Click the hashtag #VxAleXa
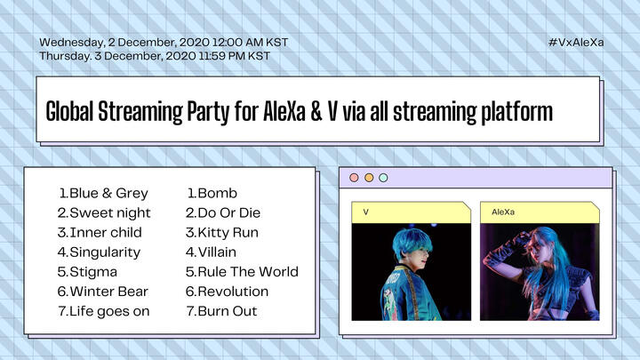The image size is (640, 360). click(576, 43)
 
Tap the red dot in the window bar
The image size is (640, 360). click(355, 178)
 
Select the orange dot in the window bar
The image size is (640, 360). click(369, 178)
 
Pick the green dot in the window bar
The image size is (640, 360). click(383, 178)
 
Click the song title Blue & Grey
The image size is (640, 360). click(108, 193)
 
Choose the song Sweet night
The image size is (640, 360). click(110, 212)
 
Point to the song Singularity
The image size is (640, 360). click(105, 252)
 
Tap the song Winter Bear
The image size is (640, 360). click(109, 292)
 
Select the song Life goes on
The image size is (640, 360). click(109, 311)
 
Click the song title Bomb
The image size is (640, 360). click(217, 193)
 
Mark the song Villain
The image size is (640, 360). click(217, 252)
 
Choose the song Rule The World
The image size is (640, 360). click(248, 272)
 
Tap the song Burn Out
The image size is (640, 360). click(228, 311)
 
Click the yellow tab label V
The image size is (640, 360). click(365, 212)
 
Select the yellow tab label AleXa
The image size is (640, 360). click(503, 212)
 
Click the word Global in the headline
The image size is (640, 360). click(69, 111)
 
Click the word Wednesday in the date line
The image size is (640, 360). click(72, 43)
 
